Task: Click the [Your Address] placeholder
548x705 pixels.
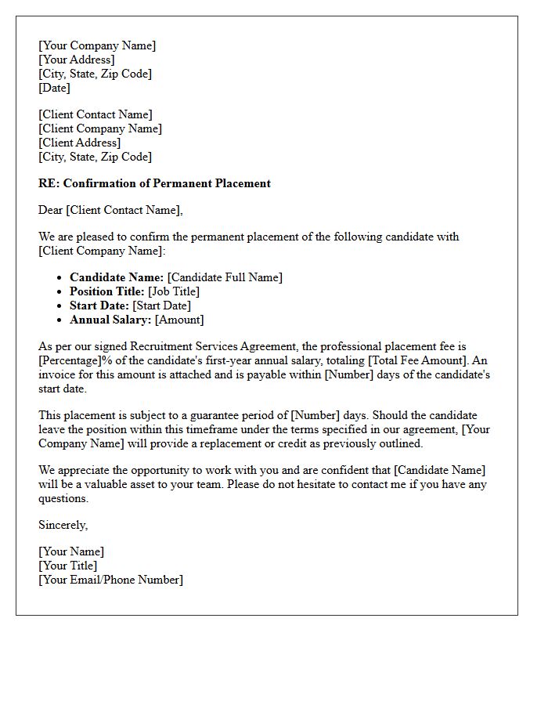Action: (x=77, y=60)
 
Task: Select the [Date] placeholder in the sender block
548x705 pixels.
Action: (x=54, y=88)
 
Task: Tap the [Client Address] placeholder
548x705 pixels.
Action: (x=80, y=143)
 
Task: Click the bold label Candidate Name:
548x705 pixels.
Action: (x=117, y=277)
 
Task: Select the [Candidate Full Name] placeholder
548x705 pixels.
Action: (x=225, y=277)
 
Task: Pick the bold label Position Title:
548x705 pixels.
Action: (x=107, y=291)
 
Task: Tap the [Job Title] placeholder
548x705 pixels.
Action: (x=174, y=291)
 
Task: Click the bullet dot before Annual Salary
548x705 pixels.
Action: (x=60, y=320)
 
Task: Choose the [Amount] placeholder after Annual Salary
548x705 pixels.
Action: (x=179, y=320)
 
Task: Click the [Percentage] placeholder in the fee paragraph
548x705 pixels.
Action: (x=72, y=360)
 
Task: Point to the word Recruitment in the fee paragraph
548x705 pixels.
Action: (x=160, y=346)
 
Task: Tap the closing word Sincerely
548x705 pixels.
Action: (x=63, y=525)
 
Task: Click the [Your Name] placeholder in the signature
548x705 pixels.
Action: (x=71, y=551)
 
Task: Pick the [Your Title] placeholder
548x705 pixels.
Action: (x=68, y=566)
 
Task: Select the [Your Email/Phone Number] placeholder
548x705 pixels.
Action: (x=110, y=580)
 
